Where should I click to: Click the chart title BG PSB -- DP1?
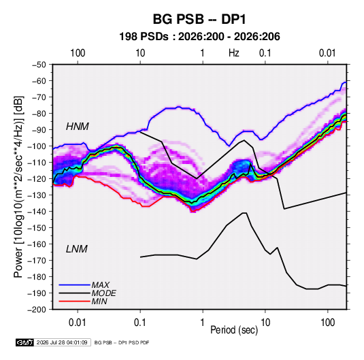pos(199,19)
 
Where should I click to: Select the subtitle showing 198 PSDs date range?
pos(199,37)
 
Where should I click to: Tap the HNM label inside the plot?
pos(78,127)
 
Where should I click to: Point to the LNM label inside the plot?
pos(77,249)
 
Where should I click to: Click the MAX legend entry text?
pos(101,285)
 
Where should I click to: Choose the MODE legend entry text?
pos(104,293)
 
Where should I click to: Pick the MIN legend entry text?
pos(99,301)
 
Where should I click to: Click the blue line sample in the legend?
pos(75,285)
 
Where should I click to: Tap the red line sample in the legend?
pos(75,301)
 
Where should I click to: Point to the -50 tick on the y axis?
pos(39,65)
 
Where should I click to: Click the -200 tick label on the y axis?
pos(37,310)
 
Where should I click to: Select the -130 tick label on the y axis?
pos(37,195)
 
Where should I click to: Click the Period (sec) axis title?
pos(234,330)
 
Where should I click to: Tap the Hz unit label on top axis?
pos(234,53)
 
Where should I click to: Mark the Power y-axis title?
pos(18,187)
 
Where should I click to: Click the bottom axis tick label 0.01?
pos(78,323)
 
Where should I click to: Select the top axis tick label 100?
pos(78,53)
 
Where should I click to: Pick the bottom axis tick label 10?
pos(265,323)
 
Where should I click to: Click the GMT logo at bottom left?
pos(25,342)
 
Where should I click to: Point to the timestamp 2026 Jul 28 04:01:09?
pos(62,342)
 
